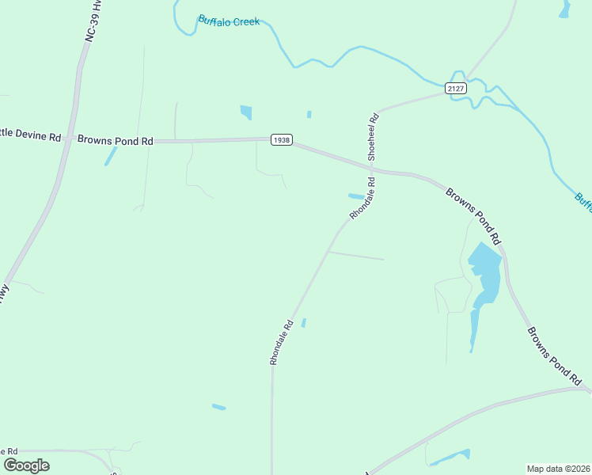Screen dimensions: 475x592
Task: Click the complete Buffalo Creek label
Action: point(229,21)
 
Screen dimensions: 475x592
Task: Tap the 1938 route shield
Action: point(281,139)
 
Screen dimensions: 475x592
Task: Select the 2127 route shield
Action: point(455,88)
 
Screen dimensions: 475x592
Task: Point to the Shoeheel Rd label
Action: point(374,137)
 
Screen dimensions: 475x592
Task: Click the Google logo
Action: point(26,465)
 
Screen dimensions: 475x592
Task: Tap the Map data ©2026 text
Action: point(558,468)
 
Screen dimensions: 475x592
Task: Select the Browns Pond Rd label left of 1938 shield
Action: point(115,140)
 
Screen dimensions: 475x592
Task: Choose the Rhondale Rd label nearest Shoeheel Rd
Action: point(362,199)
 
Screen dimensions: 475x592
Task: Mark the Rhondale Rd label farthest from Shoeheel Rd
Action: point(281,342)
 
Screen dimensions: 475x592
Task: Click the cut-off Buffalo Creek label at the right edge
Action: point(583,202)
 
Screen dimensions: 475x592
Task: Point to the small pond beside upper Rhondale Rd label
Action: point(356,196)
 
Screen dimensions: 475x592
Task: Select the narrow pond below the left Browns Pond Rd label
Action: point(111,155)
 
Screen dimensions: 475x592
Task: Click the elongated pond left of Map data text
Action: point(450,457)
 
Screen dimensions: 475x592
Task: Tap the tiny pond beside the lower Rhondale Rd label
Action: point(303,322)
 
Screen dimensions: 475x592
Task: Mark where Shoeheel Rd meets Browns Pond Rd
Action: point(370,167)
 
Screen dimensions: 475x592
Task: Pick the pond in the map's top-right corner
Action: point(565,9)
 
